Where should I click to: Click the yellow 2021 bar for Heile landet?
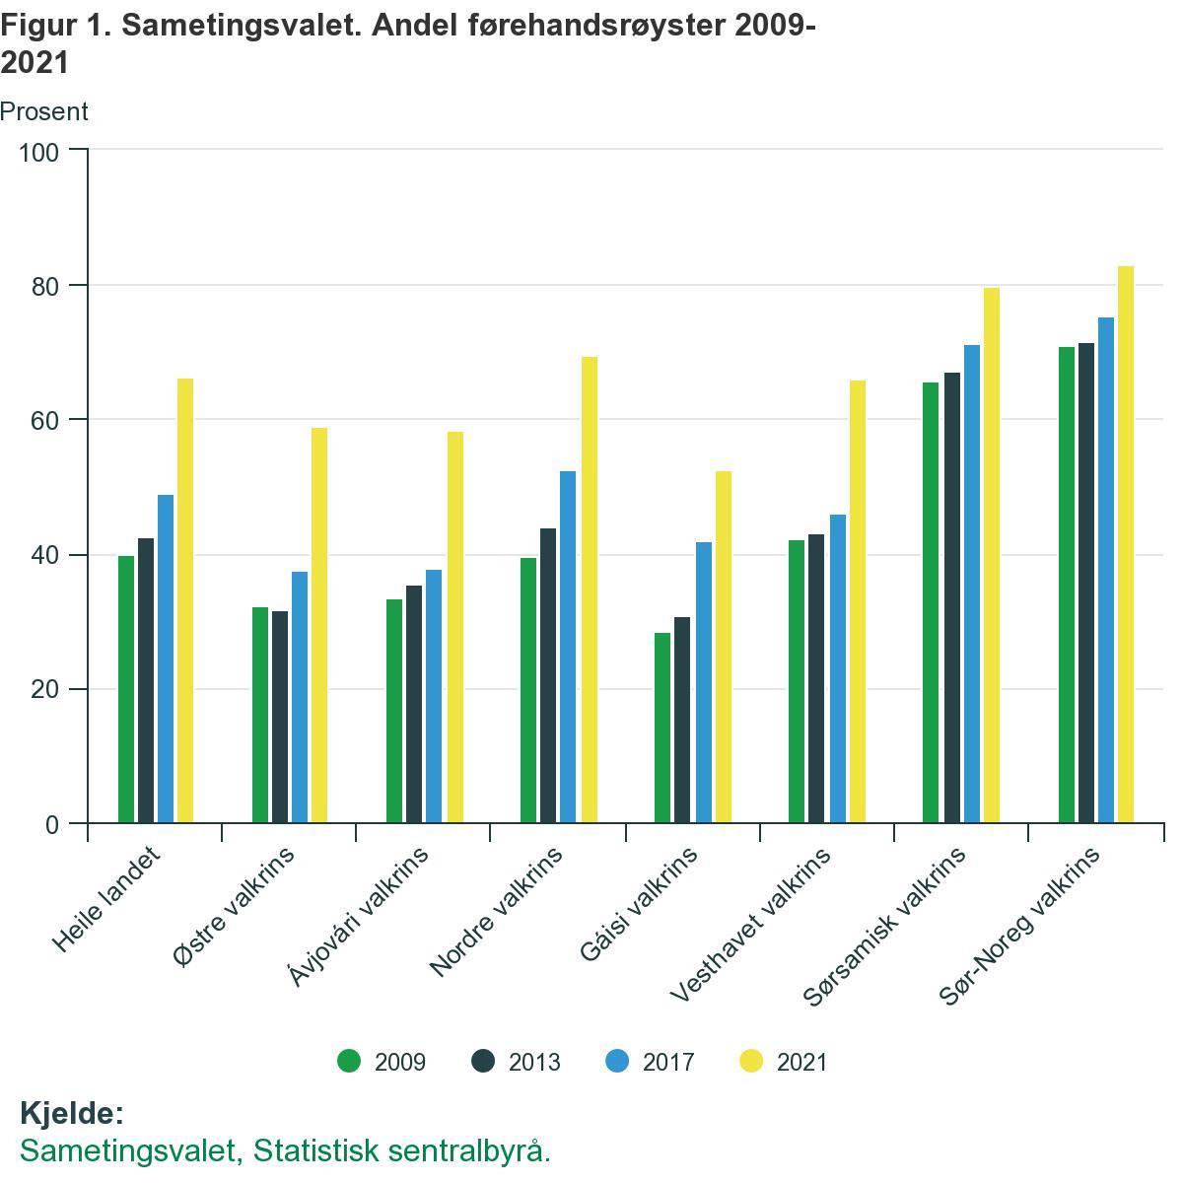tap(185, 600)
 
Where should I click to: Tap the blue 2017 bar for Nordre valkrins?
tap(568, 647)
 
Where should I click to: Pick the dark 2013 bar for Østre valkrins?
tap(280, 717)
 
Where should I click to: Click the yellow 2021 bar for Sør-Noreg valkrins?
tap(1126, 544)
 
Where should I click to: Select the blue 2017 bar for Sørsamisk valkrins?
tap(972, 584)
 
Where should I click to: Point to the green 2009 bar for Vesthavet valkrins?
tap(797, 681)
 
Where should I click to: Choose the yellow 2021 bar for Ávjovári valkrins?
tap(454, 627)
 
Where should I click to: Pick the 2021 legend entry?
tap(785, 1062)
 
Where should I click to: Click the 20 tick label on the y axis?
tap(43, 689)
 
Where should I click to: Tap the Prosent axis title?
tap(44, 111)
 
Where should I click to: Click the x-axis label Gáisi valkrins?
tap(640, 903)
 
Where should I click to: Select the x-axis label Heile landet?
tap(106, 899)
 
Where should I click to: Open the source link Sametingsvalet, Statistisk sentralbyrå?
tap(285, 1150)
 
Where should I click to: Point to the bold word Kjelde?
tap(71, 1113)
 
